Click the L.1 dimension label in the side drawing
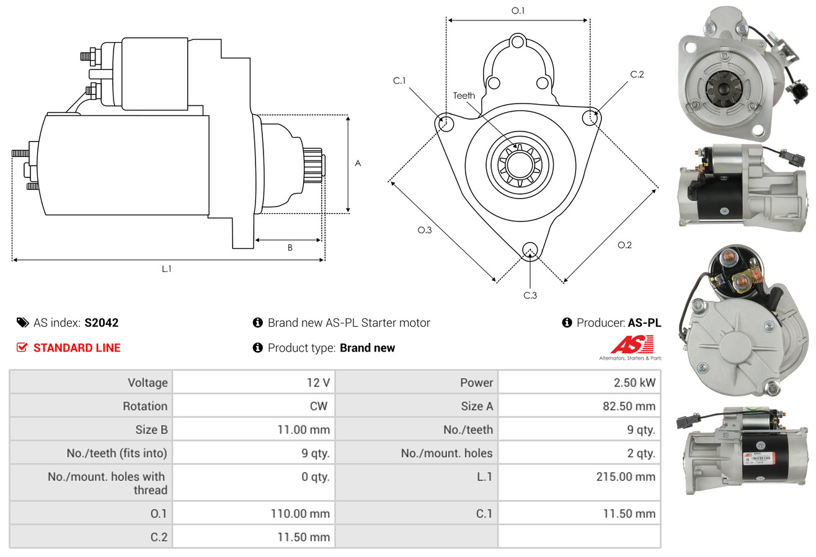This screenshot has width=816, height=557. pos(166,269)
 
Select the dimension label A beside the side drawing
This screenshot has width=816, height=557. pos(358,163)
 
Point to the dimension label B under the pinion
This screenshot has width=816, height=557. pos(290,248)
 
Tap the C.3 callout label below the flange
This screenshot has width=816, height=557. pos(530,295)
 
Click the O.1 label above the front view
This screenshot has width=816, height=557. pos(518,11)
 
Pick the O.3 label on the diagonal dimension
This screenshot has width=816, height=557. pos(424,230)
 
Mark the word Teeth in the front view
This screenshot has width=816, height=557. pos(464,96)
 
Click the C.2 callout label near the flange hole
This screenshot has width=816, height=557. pos(637,74)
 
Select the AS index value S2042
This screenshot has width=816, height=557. pos(102,323)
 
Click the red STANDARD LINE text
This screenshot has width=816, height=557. pos(77,348)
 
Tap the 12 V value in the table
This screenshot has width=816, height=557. pos(317,383)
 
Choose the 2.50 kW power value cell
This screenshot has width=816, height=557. pos(634,383)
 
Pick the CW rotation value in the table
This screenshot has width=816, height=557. pos(322,406)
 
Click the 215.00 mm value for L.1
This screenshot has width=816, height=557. pos(626,477)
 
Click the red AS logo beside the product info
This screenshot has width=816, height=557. pos(632,344)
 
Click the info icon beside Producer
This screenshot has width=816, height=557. pos(567,323)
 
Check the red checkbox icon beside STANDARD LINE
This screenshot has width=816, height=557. pos(22,348)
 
